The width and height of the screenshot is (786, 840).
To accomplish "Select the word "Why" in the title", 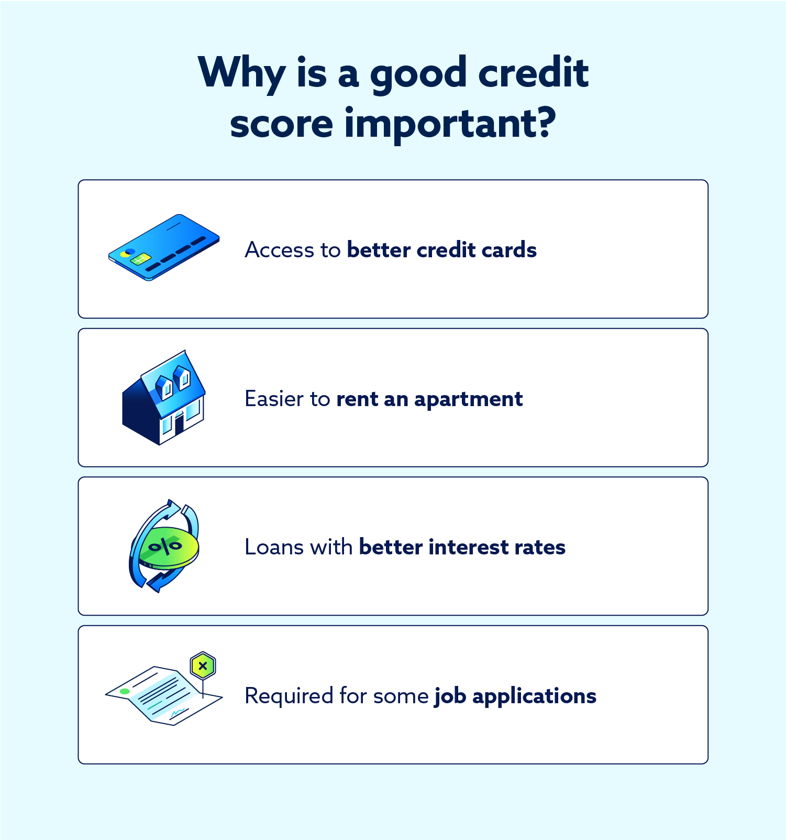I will [241, 73].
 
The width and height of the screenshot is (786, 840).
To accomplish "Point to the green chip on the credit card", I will [141, 259].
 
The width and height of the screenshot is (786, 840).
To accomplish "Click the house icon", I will [163, 398].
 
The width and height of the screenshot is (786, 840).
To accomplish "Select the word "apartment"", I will [468, 399].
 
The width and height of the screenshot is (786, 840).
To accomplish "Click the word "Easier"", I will [274, 399].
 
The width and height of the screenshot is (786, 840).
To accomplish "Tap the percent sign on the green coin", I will [165, 547].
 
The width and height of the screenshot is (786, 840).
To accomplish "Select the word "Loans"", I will [274, 547].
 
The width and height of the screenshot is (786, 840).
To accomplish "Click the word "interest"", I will [468, 547].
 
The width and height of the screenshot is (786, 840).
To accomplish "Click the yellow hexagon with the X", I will [203, 667].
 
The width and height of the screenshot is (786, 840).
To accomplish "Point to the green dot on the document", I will [125, 691].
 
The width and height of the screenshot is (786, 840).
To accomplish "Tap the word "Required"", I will [289, 696].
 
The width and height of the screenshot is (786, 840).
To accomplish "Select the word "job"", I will [450, 696].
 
